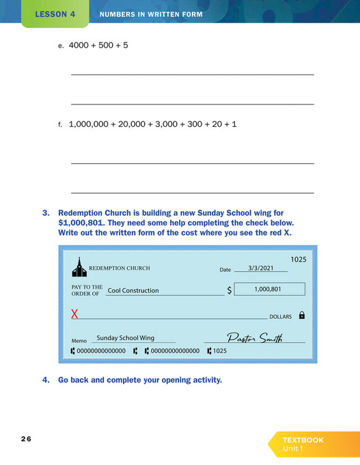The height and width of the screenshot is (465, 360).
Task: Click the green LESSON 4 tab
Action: pyautogui.click(x=55, y=14)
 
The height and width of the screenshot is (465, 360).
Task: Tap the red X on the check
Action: pyautogui.click(x=74, y=315)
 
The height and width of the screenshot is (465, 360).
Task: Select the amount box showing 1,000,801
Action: pyautogui.click(x=269, y=289)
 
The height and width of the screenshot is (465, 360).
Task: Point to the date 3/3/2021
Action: pyautogui.click(x=260, y=269)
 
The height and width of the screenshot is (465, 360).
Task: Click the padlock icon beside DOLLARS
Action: pyautogui.click(x=302, y=315)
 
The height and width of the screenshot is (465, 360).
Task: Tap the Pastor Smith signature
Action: pyautogui.click(x=254, y=337)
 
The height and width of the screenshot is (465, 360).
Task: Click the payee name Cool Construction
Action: pyautogui.click(x=133, y=290)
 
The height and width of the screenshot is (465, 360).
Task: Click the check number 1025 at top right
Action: pyautogui.click(x=299, y=259)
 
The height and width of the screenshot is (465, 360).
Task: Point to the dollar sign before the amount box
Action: pyautogui.click(x=230, y=290)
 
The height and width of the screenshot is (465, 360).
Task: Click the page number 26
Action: pyautogui.click(x=26, y=438)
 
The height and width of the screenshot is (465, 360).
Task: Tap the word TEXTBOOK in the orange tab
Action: pyautogui.click(x=303, y=440)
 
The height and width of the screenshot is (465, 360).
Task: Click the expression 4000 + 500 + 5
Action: pyautogui.click(x=98, y=45)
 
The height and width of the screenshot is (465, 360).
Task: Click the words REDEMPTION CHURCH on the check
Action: pyautogui.click(x=120, y=268)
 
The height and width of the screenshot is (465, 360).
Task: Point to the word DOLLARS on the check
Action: pyautogui.click(x=280, y=317)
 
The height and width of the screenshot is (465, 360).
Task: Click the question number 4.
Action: pyautogui.click(x=45, y=380)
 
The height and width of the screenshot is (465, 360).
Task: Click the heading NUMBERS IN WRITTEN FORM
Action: pyautogui.click(x=151, y=14)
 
